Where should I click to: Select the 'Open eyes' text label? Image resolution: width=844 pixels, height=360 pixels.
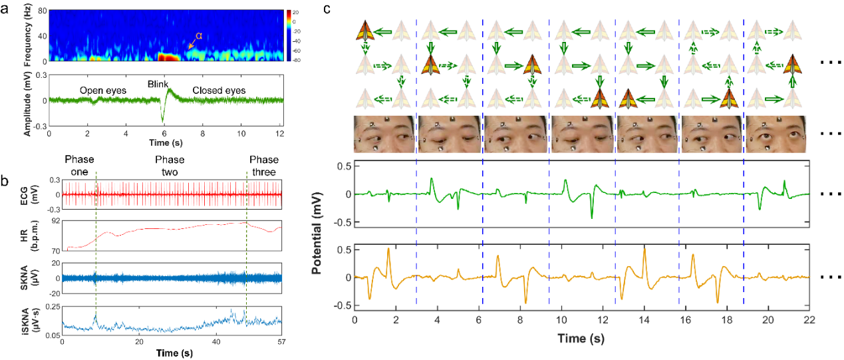coord(102,90)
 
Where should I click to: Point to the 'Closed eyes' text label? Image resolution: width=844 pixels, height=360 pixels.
coord(219,90)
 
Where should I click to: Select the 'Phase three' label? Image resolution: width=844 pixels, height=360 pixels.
coord(265,165)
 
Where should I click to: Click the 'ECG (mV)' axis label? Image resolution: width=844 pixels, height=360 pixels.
coord(32,194)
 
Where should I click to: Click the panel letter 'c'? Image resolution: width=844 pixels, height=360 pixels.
coord(327,9)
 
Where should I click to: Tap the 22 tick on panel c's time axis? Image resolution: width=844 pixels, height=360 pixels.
coord(808,321)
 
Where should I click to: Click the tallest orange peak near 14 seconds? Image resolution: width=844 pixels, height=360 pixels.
coord(644,249)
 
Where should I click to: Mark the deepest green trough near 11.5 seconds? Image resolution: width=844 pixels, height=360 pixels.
coord(591,218)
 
